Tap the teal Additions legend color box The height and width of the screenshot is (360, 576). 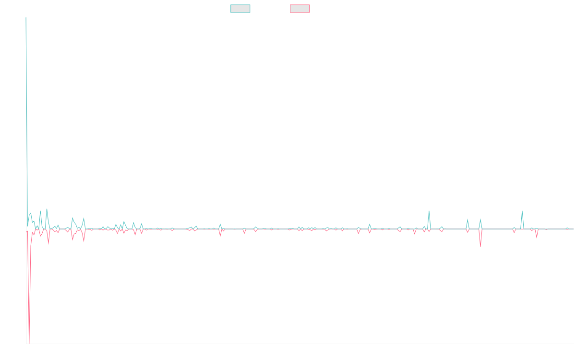240,9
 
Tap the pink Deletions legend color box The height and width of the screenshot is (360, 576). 300,9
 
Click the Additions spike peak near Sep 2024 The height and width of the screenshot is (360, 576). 429,211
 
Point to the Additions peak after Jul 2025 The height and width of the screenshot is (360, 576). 522,211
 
